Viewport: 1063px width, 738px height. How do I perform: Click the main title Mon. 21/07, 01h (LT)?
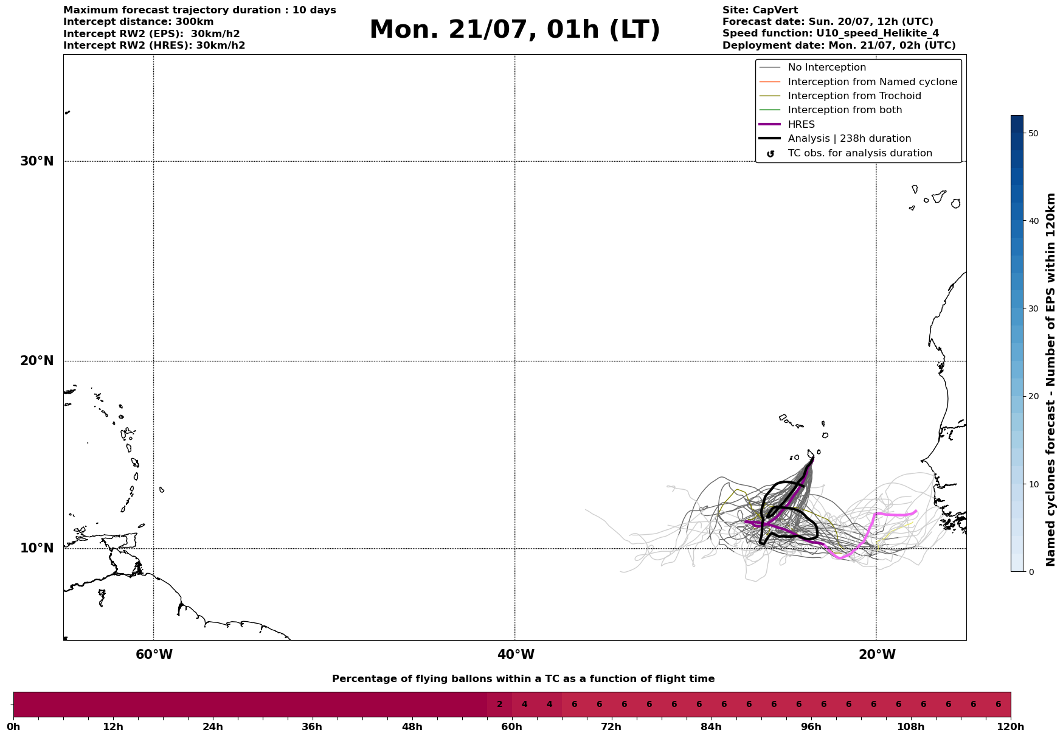[x=514, y=30]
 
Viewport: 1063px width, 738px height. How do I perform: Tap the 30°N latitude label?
[x=36, y=161]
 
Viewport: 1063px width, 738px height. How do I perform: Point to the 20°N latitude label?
[x=36, y=361]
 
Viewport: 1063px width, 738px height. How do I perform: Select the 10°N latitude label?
[x=36, y=548]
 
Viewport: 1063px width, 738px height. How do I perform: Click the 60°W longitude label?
[x=154, y=655]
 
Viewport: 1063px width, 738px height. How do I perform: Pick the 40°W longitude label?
[x=516, y=655]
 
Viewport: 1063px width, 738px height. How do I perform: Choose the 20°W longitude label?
[x=877, y=655]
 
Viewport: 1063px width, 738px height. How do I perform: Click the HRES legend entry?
[x=801, y=125]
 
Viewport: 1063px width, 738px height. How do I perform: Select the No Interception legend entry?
[x=826, y=68]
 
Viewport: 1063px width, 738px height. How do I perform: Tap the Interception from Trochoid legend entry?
[x=854, y=96]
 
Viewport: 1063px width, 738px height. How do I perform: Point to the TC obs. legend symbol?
[x=770, y=154]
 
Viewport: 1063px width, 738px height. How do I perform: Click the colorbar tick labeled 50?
[x=1033, y=133]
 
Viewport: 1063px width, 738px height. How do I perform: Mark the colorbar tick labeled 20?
[x=1033, y=396]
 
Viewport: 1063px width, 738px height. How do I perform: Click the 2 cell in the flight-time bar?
[x=499, y=705]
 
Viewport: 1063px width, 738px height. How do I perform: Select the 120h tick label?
[x=1010, y=726]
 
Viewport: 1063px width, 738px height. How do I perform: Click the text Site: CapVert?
[x=760, y=10]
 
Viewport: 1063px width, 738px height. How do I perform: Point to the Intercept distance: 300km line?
[x=138, y=22]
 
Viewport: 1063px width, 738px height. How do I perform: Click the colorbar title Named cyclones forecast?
[x=1050, y=380]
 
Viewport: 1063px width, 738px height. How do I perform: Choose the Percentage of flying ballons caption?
[x=523, y=679]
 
